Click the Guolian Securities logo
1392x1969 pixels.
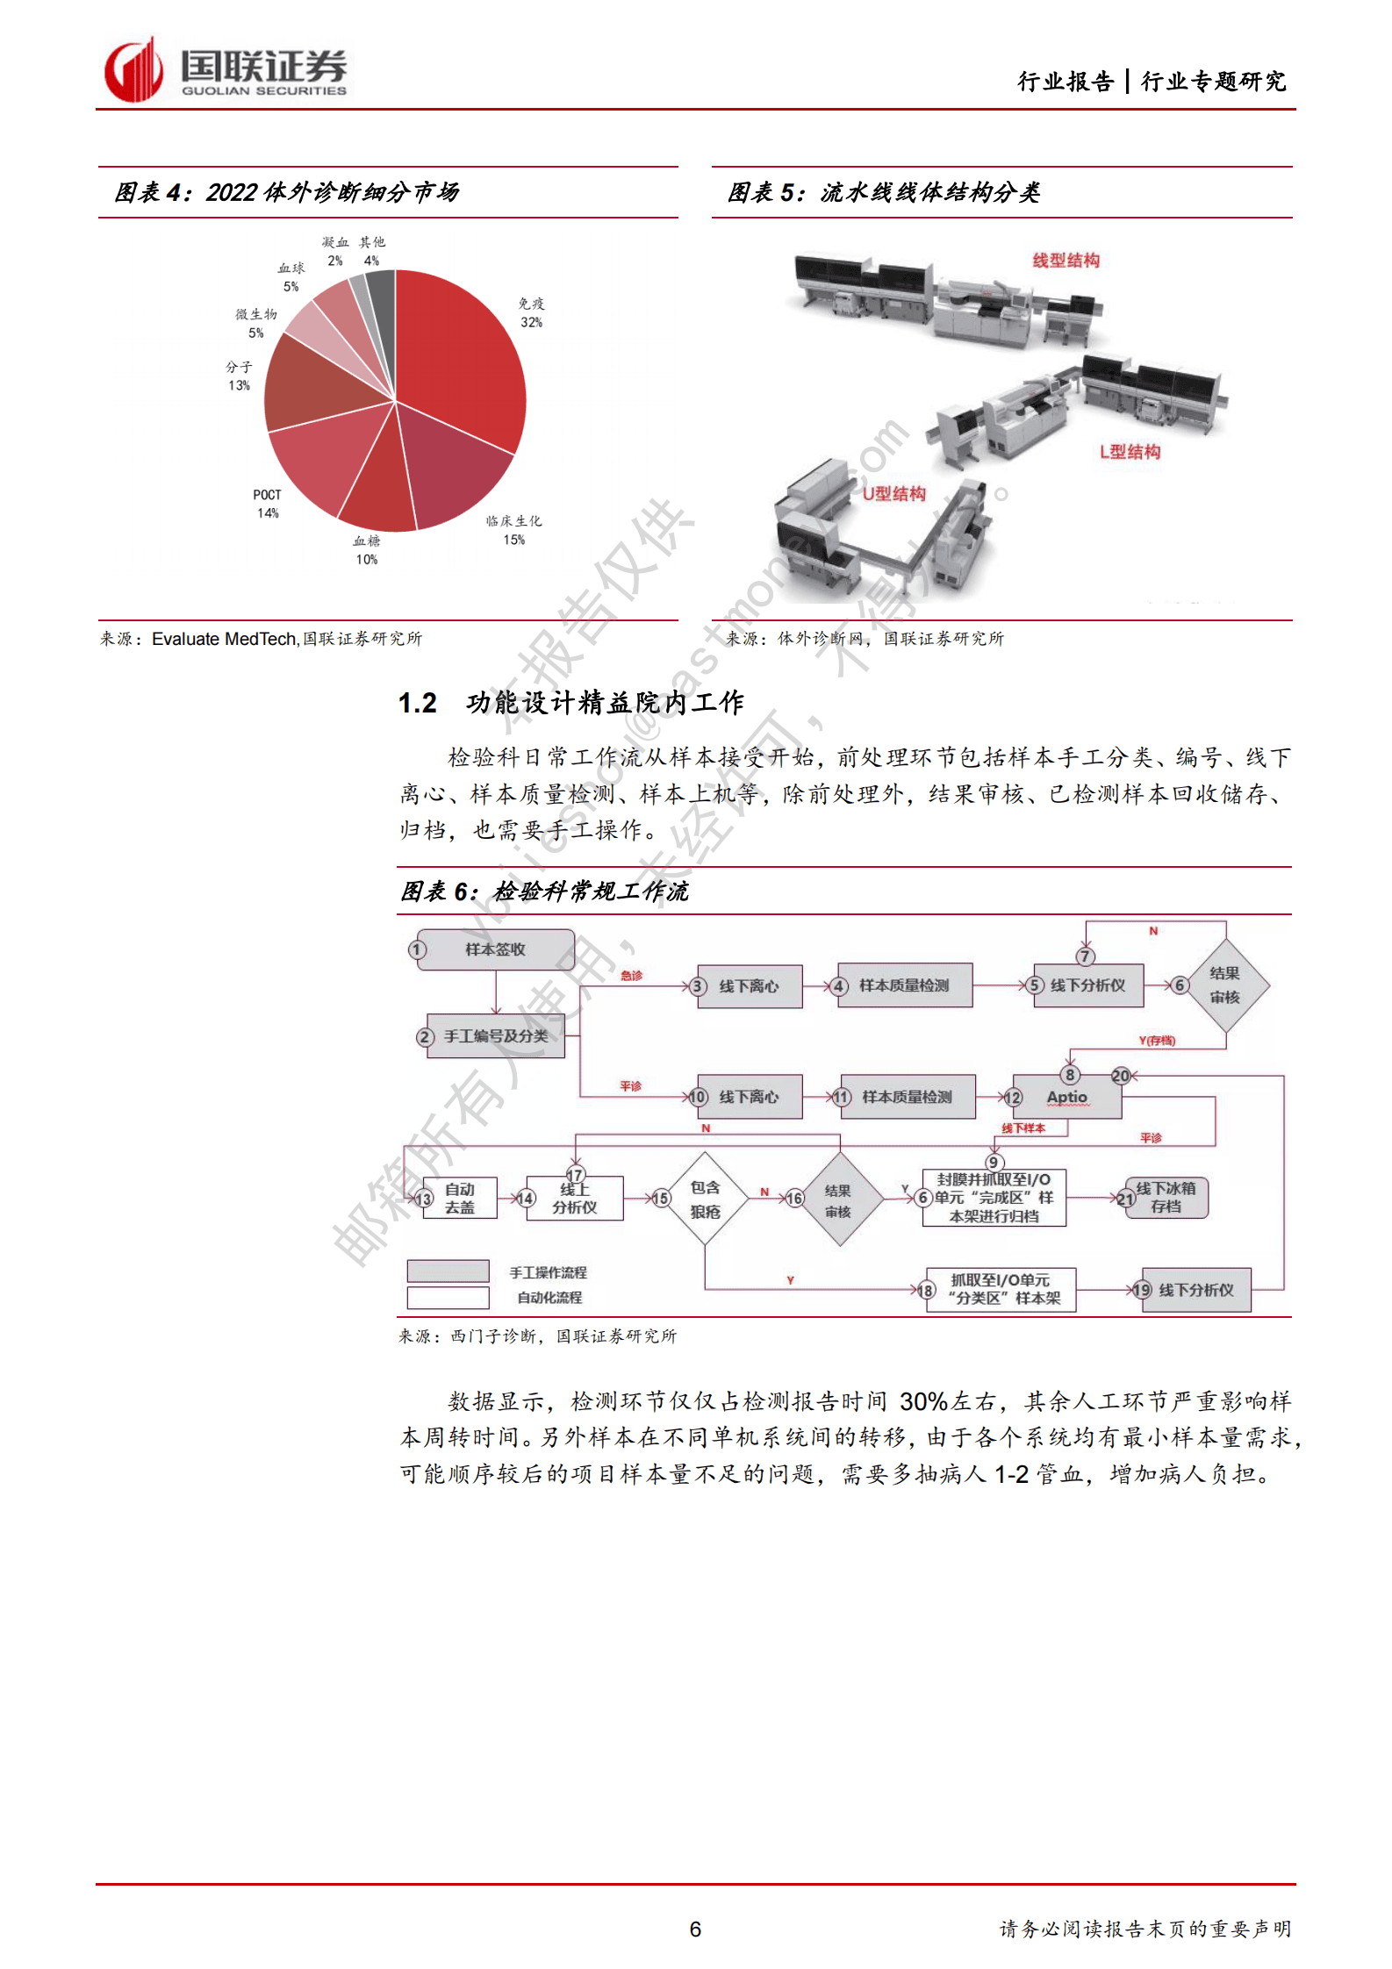click(224, 70)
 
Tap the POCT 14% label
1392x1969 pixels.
click(267, 504)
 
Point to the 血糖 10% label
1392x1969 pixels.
click(366, 550)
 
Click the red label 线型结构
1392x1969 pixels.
click(1066, 261)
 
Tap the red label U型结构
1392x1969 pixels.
click(893, 494)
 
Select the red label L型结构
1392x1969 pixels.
click(1130, 452)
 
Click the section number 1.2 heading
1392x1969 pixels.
click(418, 703)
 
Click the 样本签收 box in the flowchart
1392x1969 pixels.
click(495, 949)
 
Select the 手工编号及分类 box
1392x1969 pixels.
click(495, 1036)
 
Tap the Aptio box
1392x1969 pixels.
click(1066, 1097)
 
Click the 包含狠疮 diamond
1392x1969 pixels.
click(705, 1199)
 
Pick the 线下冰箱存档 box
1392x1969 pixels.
click(1166, 1198)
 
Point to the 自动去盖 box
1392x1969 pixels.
click(459, 1198)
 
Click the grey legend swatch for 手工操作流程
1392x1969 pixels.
click(448, 1271)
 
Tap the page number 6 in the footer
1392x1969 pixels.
click(695, 1929)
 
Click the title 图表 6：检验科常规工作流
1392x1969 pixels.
click(544, 891)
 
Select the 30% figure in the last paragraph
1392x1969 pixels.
click(923, 1401)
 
